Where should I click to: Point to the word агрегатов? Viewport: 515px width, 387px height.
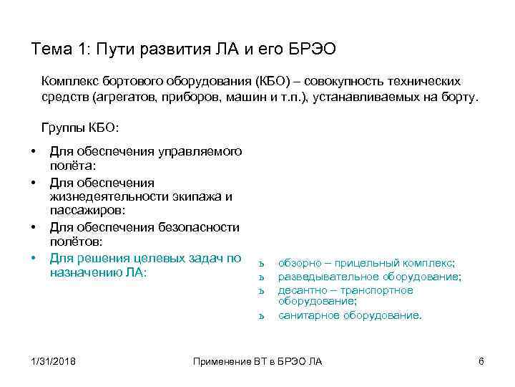tap(127, 97)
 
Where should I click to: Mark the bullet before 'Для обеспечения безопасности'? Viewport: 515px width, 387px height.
tap(34, 227)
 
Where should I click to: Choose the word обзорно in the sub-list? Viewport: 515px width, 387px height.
tap(299, 263)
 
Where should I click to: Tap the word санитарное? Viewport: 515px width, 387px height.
tap(306, 315)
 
